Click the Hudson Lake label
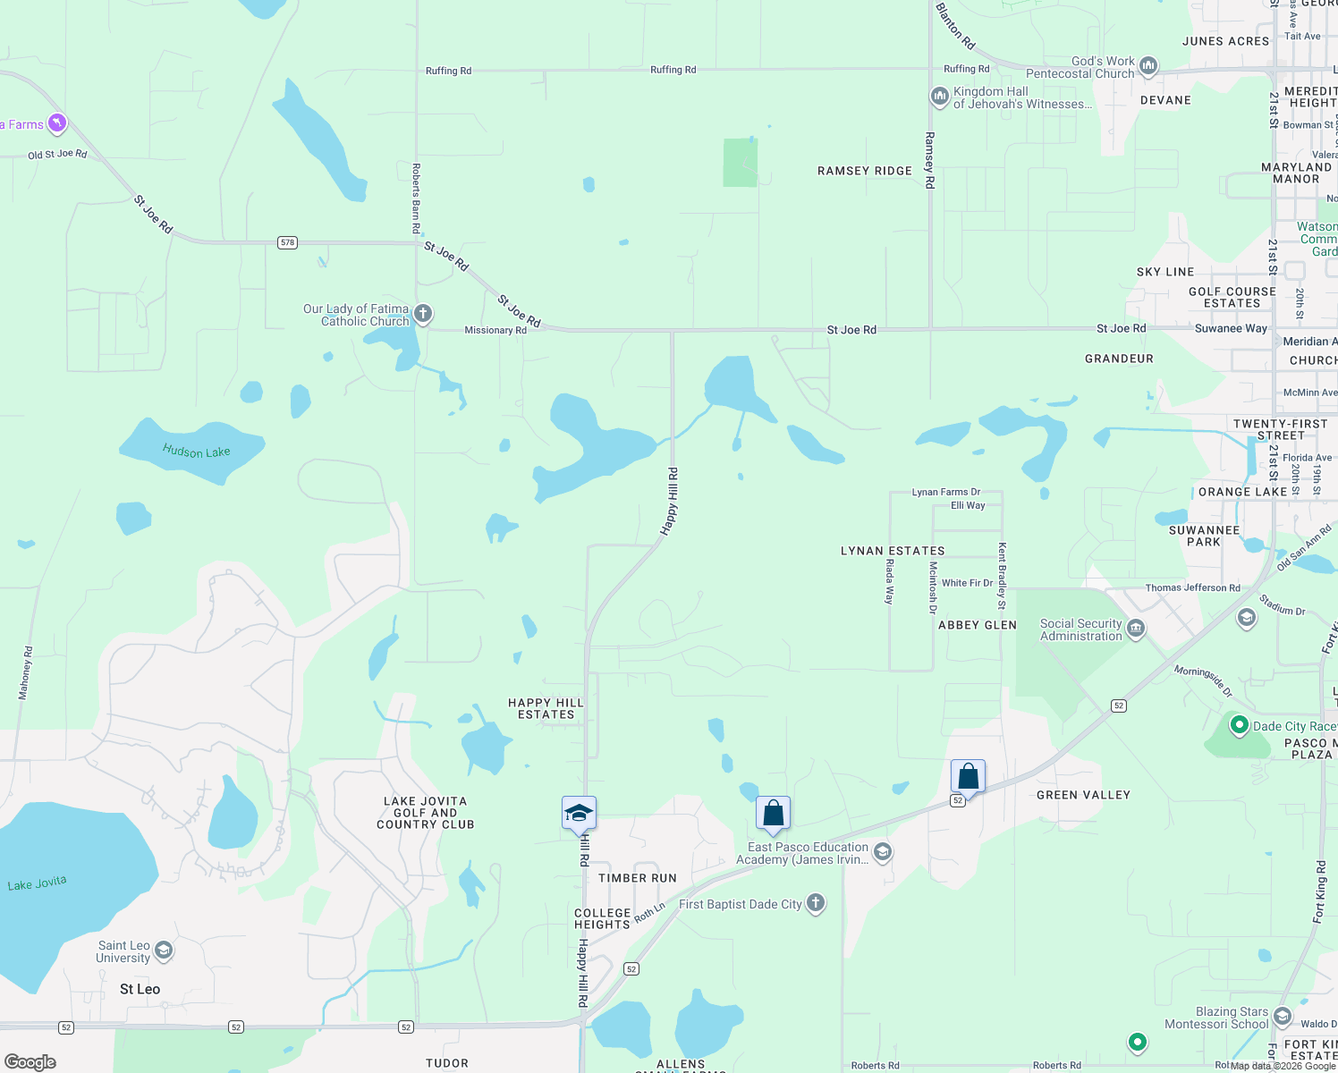click(x=196, y=452)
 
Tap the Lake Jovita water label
click(x=37, y=883)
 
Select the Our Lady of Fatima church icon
click(x=423, y=314)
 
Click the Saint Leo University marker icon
click(x=164, y=950)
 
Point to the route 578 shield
click(x=287, y=242)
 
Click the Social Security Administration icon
click(x=1136, y=629)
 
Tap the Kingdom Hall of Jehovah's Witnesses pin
click(x=939, y=97)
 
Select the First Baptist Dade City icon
click(x=815, y=903)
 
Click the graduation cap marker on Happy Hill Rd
click(x=579, y=814)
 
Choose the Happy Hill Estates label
click(x=546, y=708)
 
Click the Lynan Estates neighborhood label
click(x=893, y=551)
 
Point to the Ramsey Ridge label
click(x=865, y=171)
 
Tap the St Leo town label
click(x=140, y=989)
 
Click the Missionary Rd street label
click(x=495, y=330)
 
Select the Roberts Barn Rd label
click(x=416, y=199)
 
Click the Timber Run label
click(x=637, y=878)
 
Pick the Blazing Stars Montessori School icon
click(x=1282, y=1017)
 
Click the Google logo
click(x=30, y=1061)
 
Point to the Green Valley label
click(x=1083, y=795)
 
